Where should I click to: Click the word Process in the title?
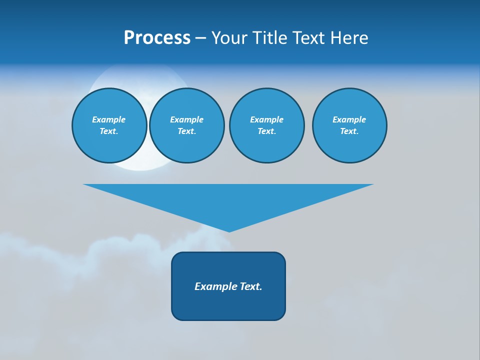(x=157, y=38)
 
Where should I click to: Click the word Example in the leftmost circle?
(x=109, y=119)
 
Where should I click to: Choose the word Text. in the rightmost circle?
(x=349, y=131)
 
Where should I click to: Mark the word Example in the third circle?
(x=266, y=119)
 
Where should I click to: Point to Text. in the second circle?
(x=186, y=131)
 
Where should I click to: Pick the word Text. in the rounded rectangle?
(x=251, y=286)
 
